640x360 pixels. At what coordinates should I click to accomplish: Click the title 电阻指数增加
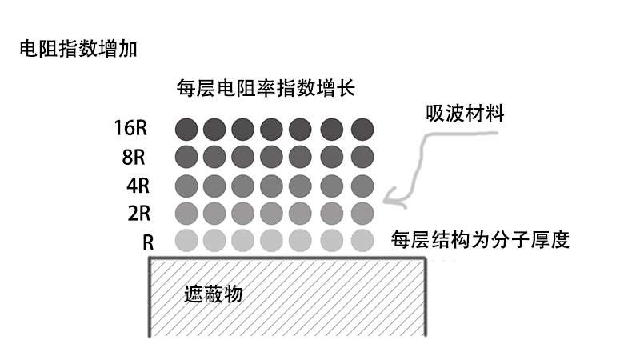click(78, 50)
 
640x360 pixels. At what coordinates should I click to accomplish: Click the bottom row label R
click(147, 241)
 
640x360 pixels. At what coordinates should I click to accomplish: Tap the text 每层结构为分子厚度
click(480, 240)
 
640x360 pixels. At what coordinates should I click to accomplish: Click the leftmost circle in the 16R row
click(186, 129)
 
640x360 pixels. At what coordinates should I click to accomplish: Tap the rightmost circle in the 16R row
click(362, 129)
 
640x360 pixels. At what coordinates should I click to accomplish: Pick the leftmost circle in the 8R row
click(186, 156)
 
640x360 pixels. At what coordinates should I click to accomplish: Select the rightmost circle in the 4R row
click(362, 185)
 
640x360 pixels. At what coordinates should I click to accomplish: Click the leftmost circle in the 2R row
click(186, 213)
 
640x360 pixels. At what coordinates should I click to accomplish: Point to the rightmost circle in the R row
click(362, 240)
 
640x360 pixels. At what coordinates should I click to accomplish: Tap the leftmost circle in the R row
click(186, 240)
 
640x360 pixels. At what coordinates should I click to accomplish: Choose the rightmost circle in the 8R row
click(362, 156)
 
